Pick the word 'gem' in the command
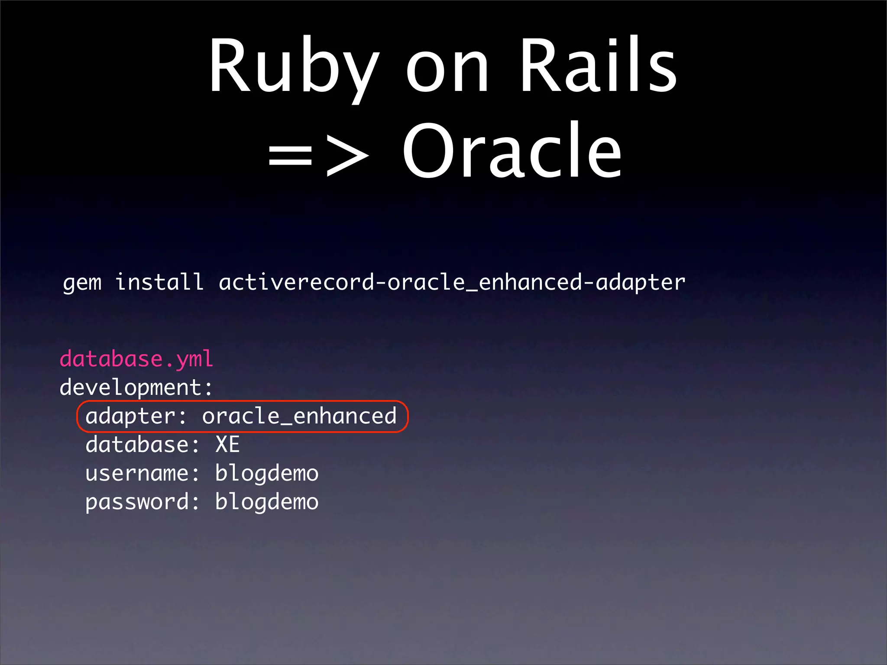[x=82, y=283]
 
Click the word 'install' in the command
[x=159, y=282]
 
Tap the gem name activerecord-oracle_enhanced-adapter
[x=452, y=282]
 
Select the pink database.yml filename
[x=136, y=359]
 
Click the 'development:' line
[x=136, y=387]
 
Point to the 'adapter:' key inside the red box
[x=136, y=416]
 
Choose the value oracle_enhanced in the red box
[x=299, y=416]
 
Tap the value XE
[x=227, y=445]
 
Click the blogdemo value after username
[x=267, y=474]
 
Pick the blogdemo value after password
[x=267, y=502]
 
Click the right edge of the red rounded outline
[x=408, y=416]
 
